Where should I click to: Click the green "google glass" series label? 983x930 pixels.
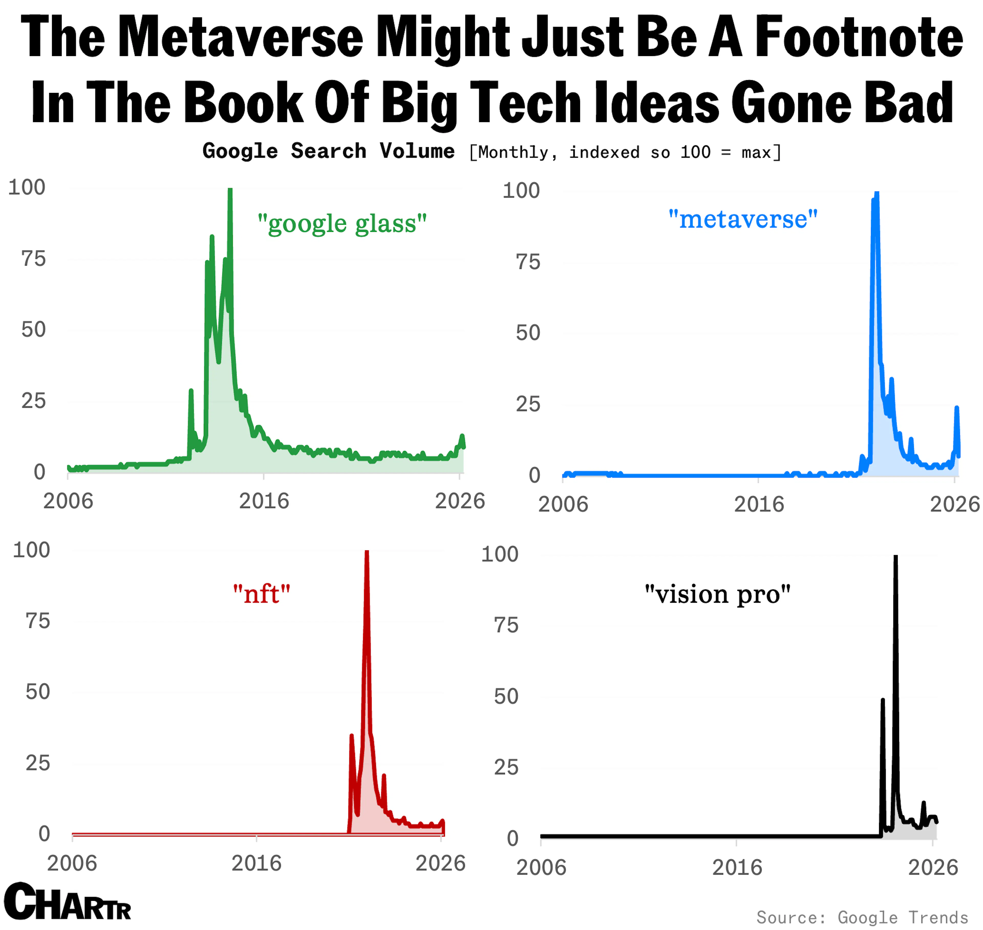click(342, 224)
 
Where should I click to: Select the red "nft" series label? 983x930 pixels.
click(261, 593)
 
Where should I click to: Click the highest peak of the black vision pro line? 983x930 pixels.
click(895, 557)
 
